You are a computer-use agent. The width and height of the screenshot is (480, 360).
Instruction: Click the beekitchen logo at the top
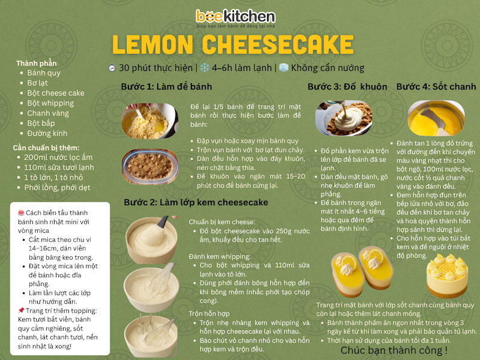tap(235, 18)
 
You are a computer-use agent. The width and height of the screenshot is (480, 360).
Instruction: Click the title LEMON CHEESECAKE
tap(233, 44)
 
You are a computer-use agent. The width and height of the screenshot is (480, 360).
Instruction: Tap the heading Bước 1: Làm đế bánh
tap(166, 86)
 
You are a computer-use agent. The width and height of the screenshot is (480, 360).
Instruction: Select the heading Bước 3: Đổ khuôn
tap(347, 86)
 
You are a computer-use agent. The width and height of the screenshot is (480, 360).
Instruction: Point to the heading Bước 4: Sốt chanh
tap(436, 86)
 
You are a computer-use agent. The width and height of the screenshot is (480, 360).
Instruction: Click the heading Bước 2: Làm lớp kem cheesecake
tap(196, 202)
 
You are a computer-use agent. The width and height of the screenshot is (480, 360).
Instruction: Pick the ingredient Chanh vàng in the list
tap(48, 113)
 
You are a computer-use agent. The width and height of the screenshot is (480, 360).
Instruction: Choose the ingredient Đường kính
tap(47, 133)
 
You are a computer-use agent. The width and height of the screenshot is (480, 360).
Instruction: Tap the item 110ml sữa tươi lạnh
tap(59, 167)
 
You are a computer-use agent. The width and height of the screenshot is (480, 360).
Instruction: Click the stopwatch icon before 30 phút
tap(112, 67)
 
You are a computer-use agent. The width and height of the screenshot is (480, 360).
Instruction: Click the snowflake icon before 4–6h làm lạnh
tap(205, 67)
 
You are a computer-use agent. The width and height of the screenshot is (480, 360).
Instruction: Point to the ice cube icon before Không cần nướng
tap(284, 67)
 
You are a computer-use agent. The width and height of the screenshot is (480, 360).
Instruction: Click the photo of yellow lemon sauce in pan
tap(436, 118)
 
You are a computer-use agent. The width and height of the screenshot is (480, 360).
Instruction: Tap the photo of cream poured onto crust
tap(344, 118)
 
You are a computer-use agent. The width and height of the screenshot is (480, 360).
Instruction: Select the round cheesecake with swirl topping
tap(447, 275)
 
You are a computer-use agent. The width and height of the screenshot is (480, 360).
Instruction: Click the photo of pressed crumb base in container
tap(150, 167)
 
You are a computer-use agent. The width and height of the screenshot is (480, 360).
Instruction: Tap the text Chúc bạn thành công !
tap(394, 350)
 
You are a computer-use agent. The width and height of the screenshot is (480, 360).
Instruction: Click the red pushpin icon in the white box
tap(21, 310)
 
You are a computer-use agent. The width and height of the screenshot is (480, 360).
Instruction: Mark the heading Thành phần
tap(37, 64)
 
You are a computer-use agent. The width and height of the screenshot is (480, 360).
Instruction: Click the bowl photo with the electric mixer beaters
tap(151, 335)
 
